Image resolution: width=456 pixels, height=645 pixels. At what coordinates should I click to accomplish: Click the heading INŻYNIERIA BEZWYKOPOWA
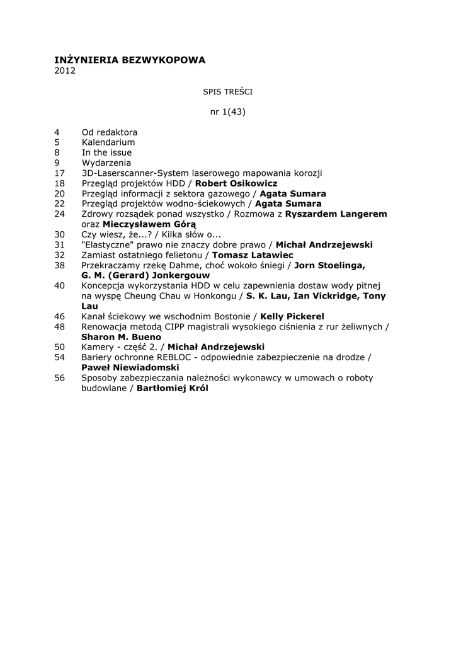pyautogui.click(x=130, y=60)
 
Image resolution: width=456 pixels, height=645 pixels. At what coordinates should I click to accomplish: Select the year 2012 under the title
pyautogui.click(x=65, y=71)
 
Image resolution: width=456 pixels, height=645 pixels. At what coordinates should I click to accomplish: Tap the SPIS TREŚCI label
pyautogui.click(x=227, y=91)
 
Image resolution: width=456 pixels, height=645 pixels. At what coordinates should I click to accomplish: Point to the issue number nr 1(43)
pyautogui.click(x=227, y=112)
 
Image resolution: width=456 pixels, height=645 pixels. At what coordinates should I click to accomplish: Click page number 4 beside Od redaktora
pyautogui.click(x=57, y=132)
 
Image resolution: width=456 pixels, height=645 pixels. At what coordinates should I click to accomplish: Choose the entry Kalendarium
pyautogui.click(x=108, y=142)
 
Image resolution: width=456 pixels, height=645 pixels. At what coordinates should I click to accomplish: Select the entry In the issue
pyautogui.click(x=106, y=152)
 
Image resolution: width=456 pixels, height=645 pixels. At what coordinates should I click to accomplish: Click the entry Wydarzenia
pyautogui.click(x=106, y=163)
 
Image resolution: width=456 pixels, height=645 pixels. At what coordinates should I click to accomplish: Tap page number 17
pyautogui.click(x=60, y=173)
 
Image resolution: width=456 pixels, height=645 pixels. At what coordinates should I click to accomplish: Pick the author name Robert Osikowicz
pyautogui.click(x=236, y=183)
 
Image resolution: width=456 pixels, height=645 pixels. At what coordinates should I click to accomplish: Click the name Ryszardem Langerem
pyautogui.click(x=336, y=214)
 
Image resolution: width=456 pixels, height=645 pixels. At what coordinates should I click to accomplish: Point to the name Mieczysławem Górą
pyautogui.click(x=149, y=224)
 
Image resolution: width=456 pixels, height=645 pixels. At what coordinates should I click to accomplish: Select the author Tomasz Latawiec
pyautogui.click(x=253, y=254)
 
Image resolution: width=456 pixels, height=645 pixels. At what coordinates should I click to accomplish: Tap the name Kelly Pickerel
pyautogui.click(x=292, y=316)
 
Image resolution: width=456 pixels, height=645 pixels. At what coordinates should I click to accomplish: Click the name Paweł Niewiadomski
pyautogui.click(x=130, y=367)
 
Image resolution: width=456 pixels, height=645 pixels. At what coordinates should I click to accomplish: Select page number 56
pyautogui.click(x=60, y=377)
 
